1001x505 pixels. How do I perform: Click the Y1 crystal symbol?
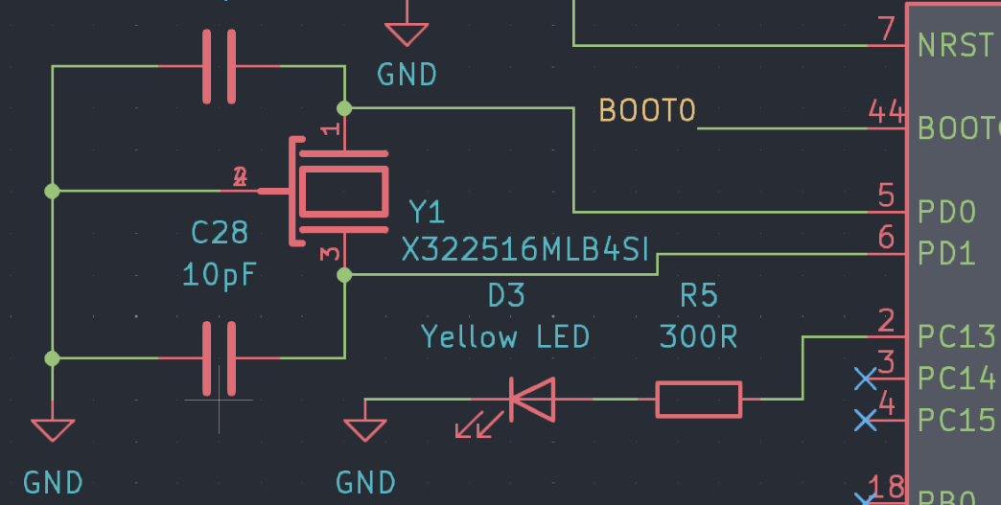[343, 192]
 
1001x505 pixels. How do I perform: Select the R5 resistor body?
[698, 399]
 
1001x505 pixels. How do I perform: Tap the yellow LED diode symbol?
[531, 399]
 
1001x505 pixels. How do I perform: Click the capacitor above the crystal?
[220, 66]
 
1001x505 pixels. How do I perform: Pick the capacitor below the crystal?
[220, 358]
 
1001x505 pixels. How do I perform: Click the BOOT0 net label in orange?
[646, 111]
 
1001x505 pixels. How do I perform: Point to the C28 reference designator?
[220, 233]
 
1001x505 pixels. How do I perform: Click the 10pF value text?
[220, 275]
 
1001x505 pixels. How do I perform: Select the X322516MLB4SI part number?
[525, 251]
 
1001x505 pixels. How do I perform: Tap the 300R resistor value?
[698, 336]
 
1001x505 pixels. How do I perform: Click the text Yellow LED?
[505, 336]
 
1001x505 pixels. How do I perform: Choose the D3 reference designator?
[506, 295]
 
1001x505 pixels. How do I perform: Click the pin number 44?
[885, 112]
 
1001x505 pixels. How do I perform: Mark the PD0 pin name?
[946, 211]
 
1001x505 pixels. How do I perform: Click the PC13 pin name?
[956, 337]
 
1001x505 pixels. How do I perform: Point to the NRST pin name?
[954, 45]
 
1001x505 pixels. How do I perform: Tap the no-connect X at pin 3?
[865, 379]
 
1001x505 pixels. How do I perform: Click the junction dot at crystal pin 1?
[345, 107]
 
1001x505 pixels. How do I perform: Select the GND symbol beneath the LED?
[365, 429]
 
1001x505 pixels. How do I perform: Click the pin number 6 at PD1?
[886, 238]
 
